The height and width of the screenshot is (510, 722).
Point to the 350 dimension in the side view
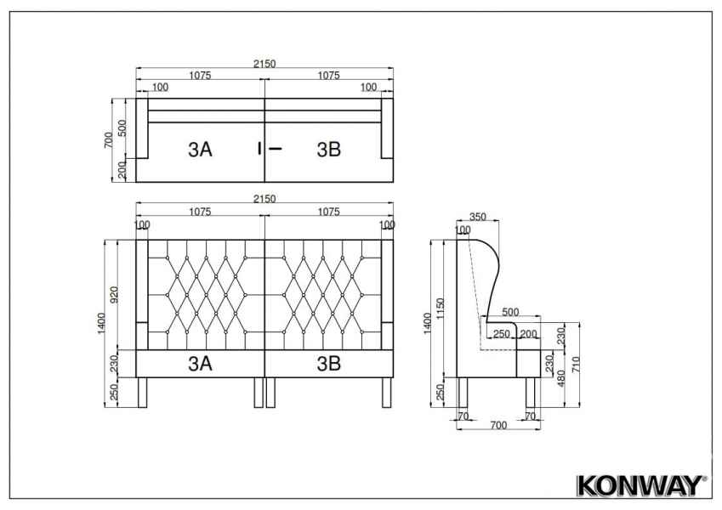pos(477,217)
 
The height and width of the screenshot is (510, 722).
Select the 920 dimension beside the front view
pos(114,295)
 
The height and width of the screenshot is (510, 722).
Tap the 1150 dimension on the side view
pos(441,309)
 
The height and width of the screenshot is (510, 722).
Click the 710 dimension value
pos(576,365)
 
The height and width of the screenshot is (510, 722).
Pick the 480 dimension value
pos(560,378)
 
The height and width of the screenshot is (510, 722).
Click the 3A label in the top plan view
pos(201,150)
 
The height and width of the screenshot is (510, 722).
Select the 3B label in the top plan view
pos(329,150)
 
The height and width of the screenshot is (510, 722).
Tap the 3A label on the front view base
pos(201,364)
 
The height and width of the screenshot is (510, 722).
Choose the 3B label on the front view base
pos(329,364)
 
